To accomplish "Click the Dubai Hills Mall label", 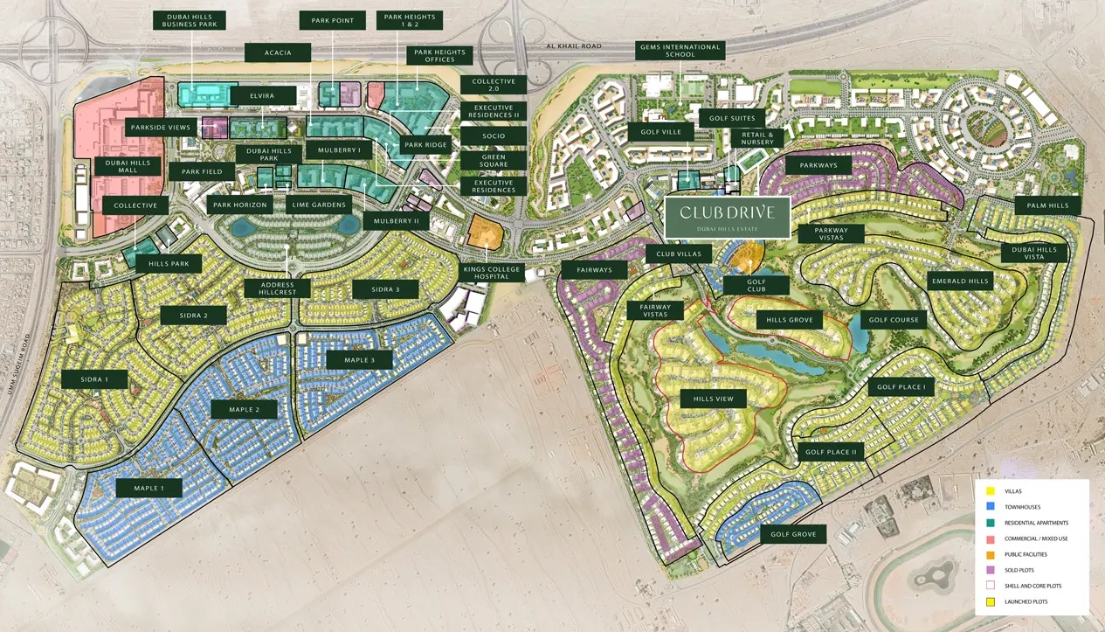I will (128, 166).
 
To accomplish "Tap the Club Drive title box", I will (727, 218).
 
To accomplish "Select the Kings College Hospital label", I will (493, 274).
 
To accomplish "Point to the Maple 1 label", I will (149, 488).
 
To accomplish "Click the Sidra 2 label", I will (193, 316).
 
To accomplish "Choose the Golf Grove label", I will (793, 534).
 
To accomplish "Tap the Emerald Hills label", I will (959, 281).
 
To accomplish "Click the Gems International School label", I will (680, 51).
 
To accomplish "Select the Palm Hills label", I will (1047, 205).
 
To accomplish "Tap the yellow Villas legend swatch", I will (991, 491).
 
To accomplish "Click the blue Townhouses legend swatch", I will (991, 507).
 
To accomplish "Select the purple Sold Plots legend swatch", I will (991, 570).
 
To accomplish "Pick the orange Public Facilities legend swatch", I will (991, 554).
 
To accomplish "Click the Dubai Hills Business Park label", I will (189, 20).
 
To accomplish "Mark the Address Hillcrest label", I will (272, 288).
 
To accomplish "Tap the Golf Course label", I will (894, 320).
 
